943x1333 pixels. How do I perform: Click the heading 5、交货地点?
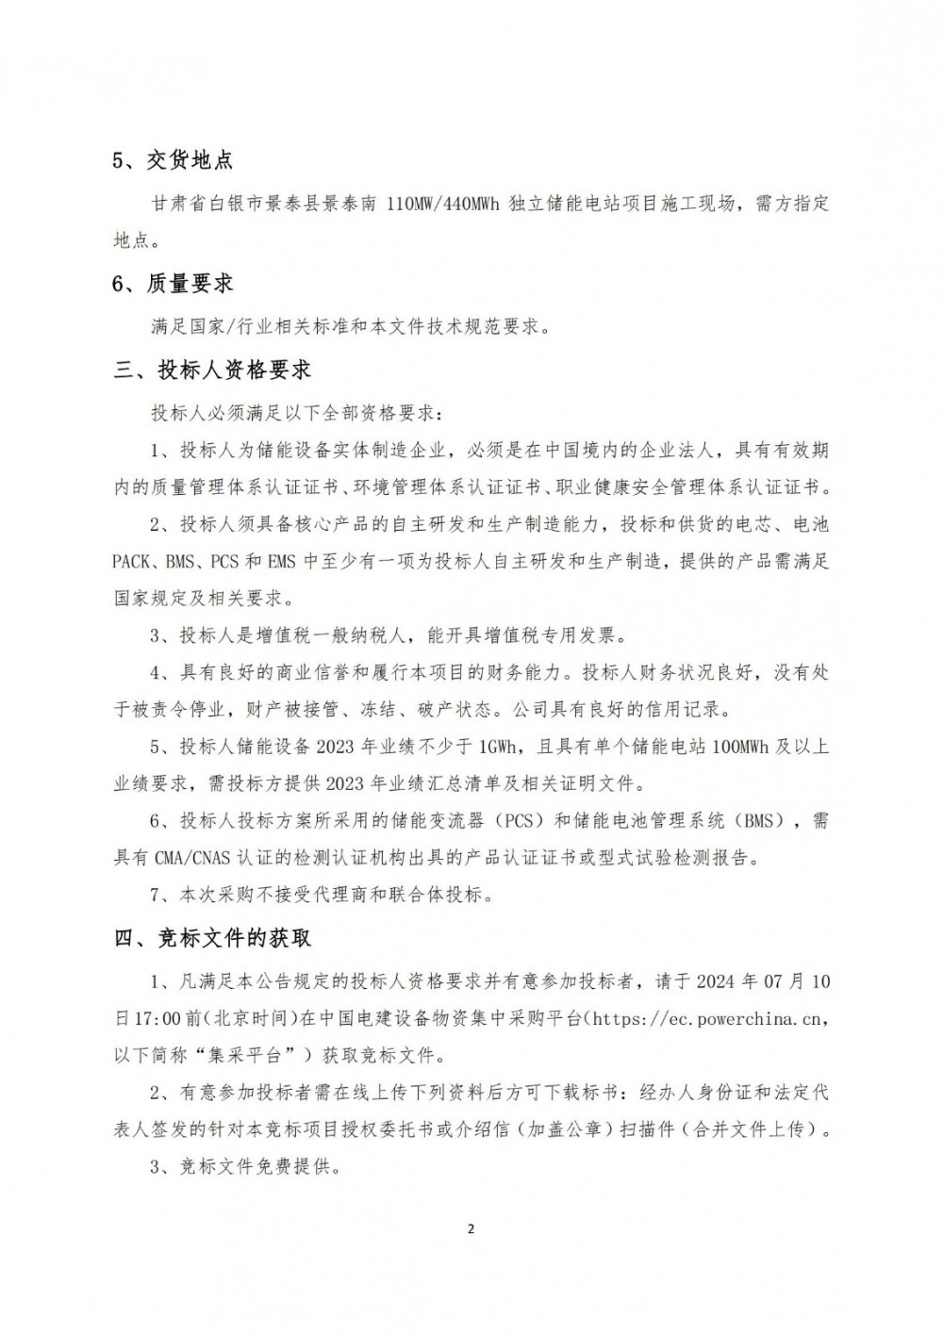(173, 160)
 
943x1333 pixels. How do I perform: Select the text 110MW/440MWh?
(445, 204)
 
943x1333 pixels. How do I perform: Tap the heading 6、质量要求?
(173, 283)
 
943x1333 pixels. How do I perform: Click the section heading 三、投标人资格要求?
(212, 370)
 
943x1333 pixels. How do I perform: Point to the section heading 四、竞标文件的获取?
(212, 938)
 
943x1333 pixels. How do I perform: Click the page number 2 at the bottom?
(471, 1229)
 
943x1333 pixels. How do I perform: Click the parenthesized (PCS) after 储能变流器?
(518, 821)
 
